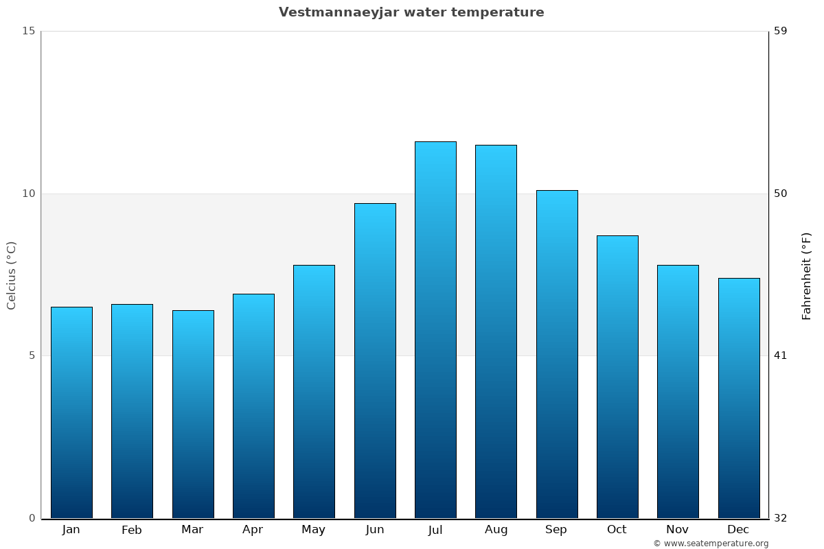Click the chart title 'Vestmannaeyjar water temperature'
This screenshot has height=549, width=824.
pos(411,12)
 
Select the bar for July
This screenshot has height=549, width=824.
pos(435,329)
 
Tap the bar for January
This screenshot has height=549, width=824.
pos(71,412)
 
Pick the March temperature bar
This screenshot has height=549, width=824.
pos(193,414)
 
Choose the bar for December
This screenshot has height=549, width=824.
pos(739,398)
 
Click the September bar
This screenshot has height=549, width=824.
pos(557,353)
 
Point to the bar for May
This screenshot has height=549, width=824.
pos(314,391)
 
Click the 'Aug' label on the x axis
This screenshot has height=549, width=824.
pos(496,530)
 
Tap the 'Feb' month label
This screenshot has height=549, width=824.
pos(132,530)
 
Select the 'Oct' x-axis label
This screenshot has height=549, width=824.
pos(617,530)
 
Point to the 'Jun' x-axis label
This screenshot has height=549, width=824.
pos(375,530)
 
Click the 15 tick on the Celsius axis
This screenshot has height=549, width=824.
pos(28,31)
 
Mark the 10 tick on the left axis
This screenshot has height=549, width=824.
pos(28,194)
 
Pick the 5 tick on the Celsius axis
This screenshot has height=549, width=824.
pos(31,355)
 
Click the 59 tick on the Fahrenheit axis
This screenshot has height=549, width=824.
pos(781,31)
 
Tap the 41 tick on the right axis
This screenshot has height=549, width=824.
pos(781,355)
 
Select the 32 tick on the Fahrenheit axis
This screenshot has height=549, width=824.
pos(781,518)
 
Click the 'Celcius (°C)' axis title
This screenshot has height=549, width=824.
pos(12,275)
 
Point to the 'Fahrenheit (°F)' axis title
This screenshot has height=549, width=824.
pos(807,276)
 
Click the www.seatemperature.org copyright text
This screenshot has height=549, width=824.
pos(711,544)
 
